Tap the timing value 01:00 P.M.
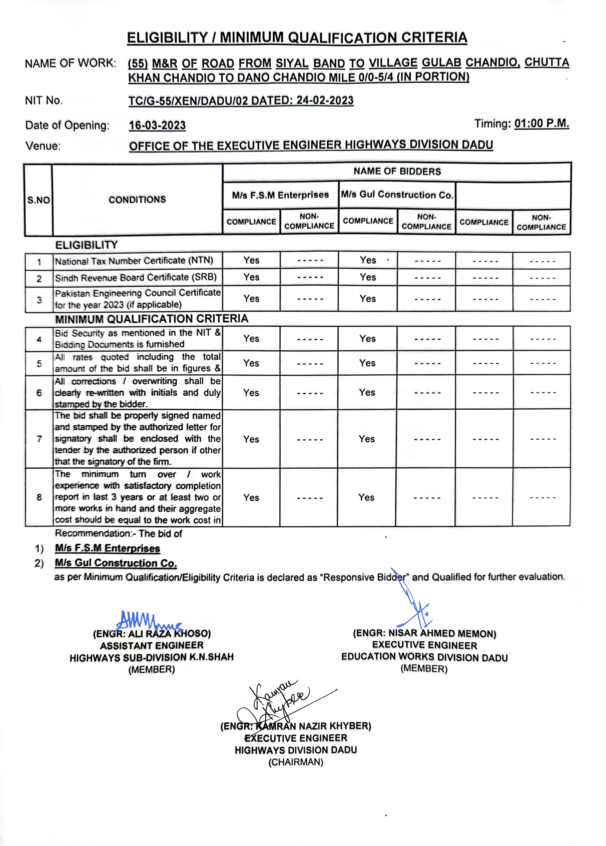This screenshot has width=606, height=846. (x=541, y=124)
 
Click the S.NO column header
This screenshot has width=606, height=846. (x=38, y=200)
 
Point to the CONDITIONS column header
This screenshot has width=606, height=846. (x=137, y=200)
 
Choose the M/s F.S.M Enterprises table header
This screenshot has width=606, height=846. (x=280, y=195)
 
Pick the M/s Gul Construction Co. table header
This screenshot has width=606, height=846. (x=397, y=195)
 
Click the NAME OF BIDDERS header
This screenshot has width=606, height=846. (x=397, y=172)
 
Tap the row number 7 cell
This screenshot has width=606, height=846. (x=39, y=439)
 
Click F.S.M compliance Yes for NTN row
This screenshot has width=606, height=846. (x=251, y=260)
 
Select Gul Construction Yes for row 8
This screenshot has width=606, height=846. (x=366, y=498)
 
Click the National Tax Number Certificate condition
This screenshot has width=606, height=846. (x=134, y=261)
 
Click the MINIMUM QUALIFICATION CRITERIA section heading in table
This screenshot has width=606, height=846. (x=151, y=319)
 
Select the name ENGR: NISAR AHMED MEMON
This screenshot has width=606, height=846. (x=424, y=633)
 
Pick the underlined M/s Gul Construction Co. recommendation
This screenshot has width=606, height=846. (x=116, y=563)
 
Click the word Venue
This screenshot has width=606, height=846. (x=43, y=146)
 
